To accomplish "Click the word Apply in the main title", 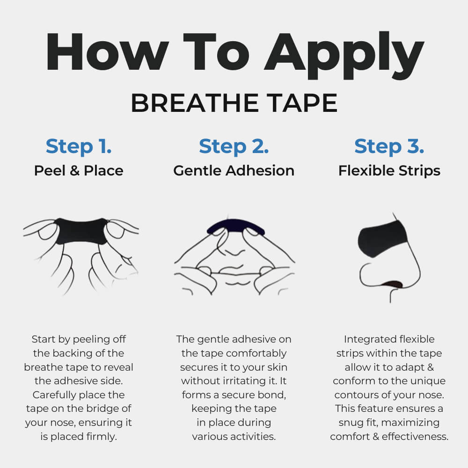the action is click(344, 55).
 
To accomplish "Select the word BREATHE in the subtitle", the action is click(195, 103).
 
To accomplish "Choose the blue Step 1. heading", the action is click(79, 146).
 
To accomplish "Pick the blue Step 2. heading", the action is click(234, 146).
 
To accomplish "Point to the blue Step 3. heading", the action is click(389, 146).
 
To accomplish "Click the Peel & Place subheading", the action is click(79, 171).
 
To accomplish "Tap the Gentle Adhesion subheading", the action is click(234, 171).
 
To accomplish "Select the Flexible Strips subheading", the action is click(389, 171).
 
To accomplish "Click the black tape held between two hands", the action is click(81, 231).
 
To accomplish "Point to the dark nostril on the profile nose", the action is click(393, 284).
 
